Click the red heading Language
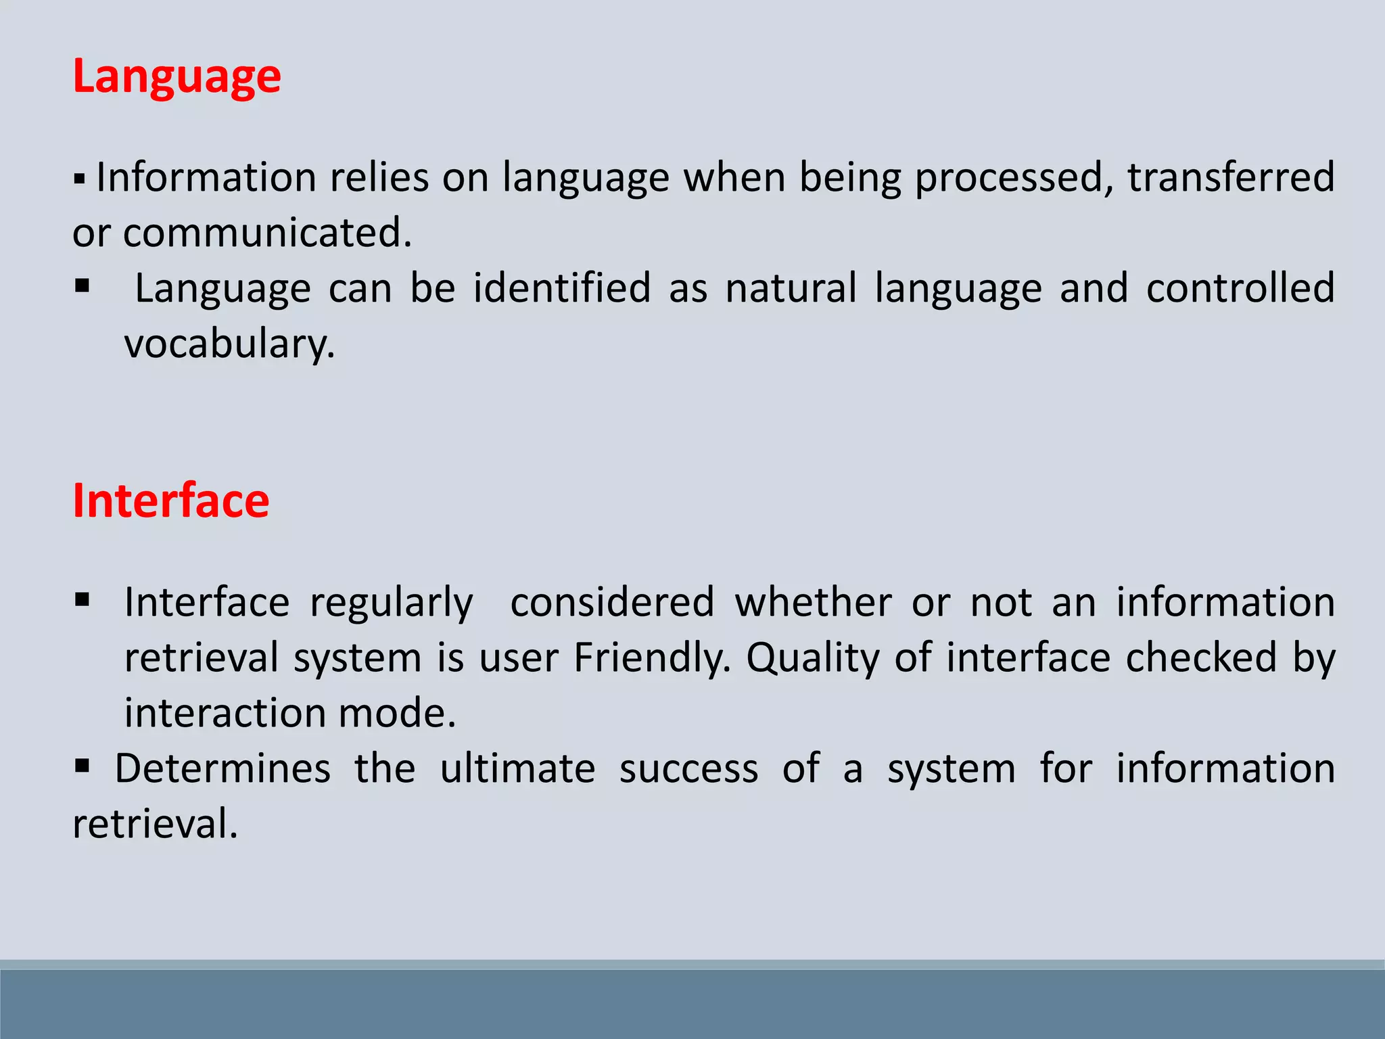click(x=177, y=76)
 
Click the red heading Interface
click(x=171, y=501)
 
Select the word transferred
click(x=1231, y=177)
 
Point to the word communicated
click(x=267, y=233)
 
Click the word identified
click(x=561, y=288)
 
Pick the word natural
click(x=791, y=288)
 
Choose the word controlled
click(x=1240, y=288)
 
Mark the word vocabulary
click(x=229, y=344)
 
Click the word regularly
click(x=392, y=603)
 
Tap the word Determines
click(x=222, y=769)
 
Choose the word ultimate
click(x=517, y=769)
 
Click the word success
click(x=688, y=770)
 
